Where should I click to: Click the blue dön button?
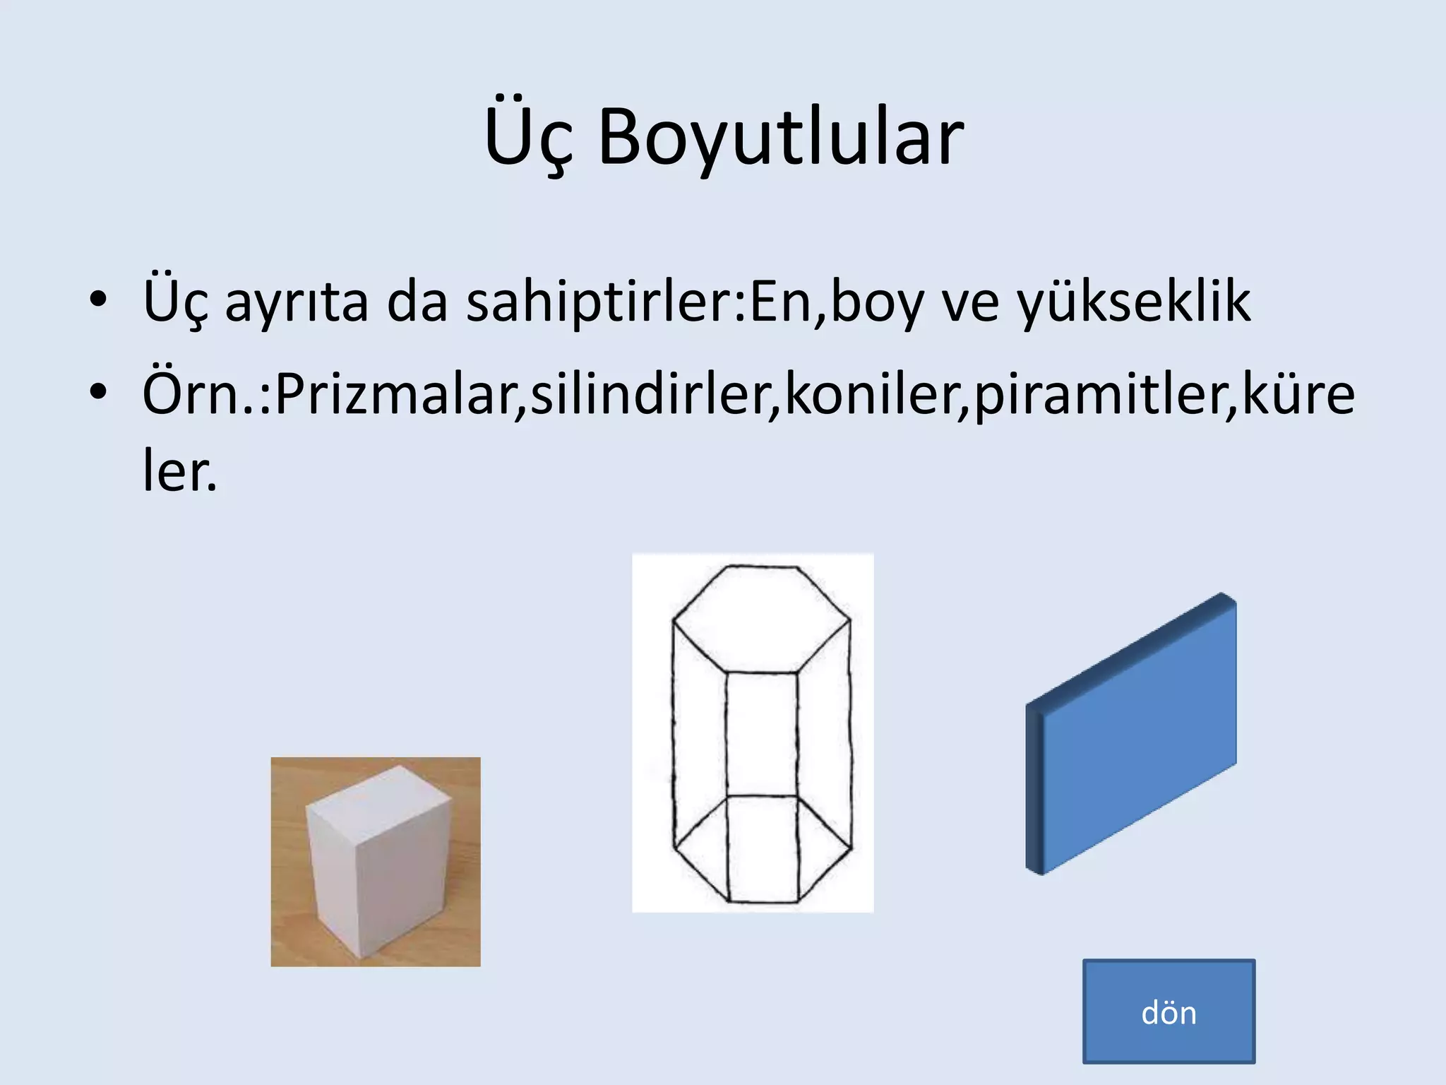click(x=1169, y=1011)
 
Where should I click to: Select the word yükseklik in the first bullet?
click(x=1134, y=302)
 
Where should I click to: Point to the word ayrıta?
click(x=297, y=302)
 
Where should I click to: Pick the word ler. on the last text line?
click(x=179, y=472)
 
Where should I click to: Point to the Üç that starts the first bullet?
click(x=175, y=302)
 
